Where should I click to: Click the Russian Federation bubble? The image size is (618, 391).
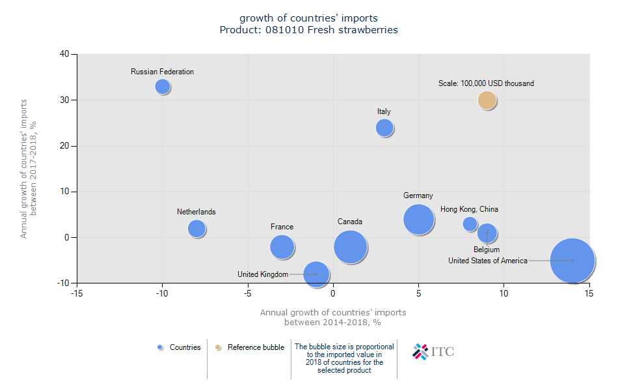[x=163, y=86]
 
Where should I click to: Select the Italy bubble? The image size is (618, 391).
[x=384, y=127]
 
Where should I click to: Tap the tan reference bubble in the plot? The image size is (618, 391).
[x=487, y=100]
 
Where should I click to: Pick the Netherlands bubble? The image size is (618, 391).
[x=196, y=228]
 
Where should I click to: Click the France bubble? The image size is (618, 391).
[x=282, y=246]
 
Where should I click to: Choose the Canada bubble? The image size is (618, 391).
[x=351, y=247]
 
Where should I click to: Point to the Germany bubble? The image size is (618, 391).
[x=418, y=219]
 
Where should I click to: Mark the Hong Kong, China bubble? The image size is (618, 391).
[x=470, y=224]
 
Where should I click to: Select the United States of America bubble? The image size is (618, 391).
[x=572, y=260]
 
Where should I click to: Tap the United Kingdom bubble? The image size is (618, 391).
[x=316, y=274]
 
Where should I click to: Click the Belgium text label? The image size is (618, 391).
[x=487, y=250]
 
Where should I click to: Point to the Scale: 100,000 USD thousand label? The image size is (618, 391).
[x=486, y=83]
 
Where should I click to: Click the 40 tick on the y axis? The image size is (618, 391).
[x=65, y=54]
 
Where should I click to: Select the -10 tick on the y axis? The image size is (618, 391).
[x=63, y=283]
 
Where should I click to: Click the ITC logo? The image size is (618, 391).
[x=433, y=352]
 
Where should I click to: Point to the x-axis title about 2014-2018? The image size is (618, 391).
[x=333, y=317]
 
